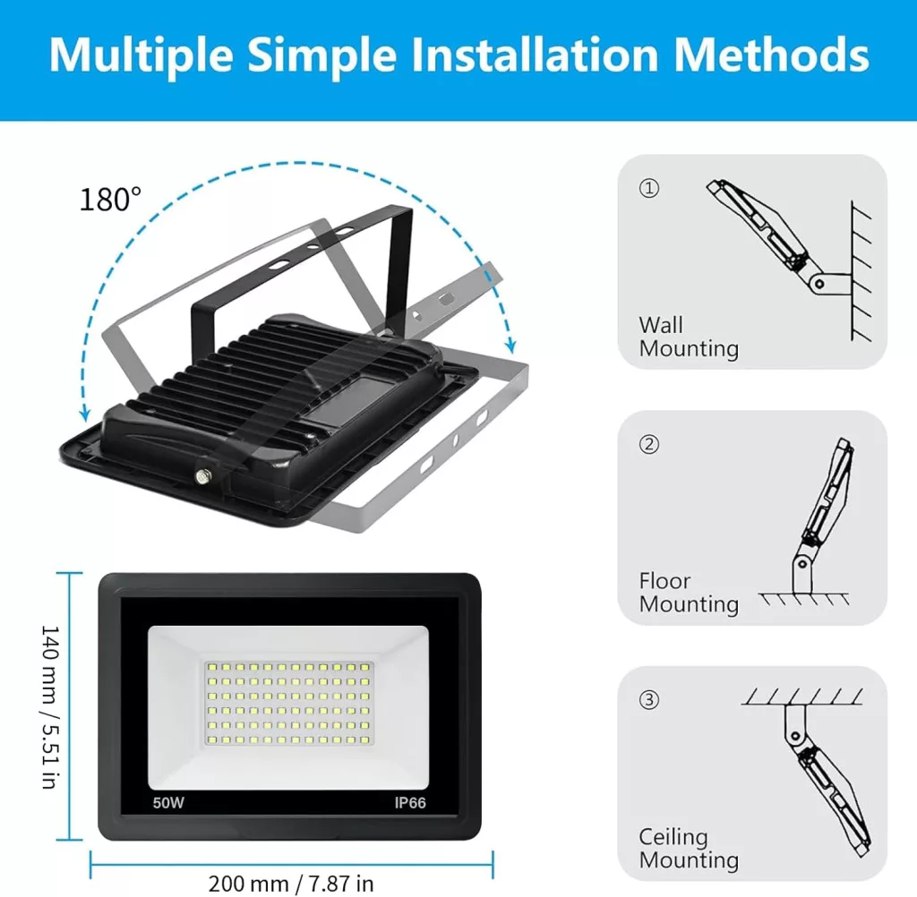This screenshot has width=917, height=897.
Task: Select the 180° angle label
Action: tap(110, 200)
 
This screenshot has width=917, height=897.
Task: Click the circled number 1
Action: tap(649, 188)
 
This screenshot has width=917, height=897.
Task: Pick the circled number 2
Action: tap(649, 444)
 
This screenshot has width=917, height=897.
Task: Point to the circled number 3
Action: tap(649, 700)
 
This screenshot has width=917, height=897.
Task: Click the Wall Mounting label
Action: tap(689, 337)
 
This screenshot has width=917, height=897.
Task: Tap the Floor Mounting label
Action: tap(689, 593)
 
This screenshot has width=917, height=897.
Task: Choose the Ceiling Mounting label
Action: tap(689, 849)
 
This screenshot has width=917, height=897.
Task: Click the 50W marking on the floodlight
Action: tap(168, 803)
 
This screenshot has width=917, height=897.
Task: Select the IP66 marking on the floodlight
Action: tap(410, 803)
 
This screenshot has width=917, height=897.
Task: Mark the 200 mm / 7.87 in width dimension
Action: tap(291, 884)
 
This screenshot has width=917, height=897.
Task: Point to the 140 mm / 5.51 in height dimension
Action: tap(50, 707)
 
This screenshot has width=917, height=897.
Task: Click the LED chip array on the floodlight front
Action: tap(289, 703)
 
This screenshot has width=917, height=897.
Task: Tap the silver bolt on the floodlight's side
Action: tap(203, 476)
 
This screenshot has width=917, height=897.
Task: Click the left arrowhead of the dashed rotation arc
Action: tap(85, 414)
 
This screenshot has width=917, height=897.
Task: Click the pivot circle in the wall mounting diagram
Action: tap(820, 284)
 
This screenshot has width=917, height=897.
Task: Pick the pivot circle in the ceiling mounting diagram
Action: tap(794, 736)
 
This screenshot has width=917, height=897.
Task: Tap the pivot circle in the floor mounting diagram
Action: tap(802, 564)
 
